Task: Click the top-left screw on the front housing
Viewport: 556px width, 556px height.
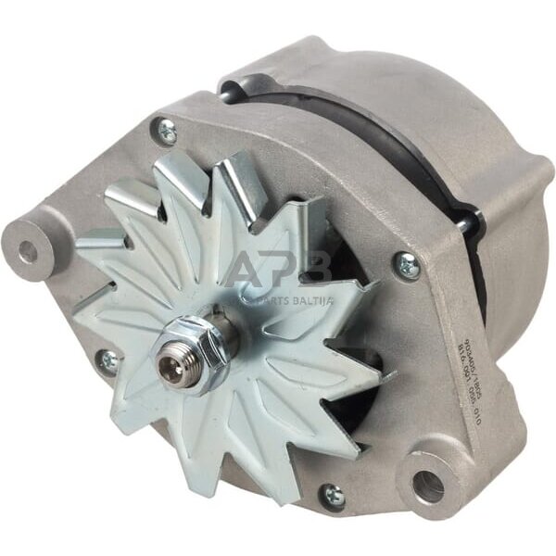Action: click(x=167, y=133)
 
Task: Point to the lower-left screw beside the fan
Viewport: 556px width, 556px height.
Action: click(x=109, y=362)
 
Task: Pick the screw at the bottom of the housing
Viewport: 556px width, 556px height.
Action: click(x=334, y=497)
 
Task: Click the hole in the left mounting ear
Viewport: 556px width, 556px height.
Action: click(x=29, y=250)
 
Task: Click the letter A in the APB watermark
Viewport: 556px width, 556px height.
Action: click(x=246, y=269)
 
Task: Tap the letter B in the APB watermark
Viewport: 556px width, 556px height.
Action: click(x=320, y=269)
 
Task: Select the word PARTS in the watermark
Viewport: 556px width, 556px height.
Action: click(x=273, y=297)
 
